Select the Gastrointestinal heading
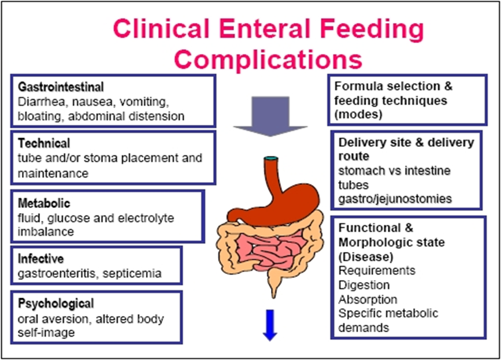pyautogui.click(x=61, y=88)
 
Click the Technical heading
pyautogui.click(x=44, y=143)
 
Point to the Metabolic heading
pyautogui.click(x=44, y=203)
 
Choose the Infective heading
pyautogui.click(x=41, y=258)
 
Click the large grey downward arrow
pyautogui.click(x=262, y=114)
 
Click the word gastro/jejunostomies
pyautogui.click(x=395, y=199)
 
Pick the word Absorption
pyautogui.click(x=368, y=299)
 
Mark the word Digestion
pyautogui.click(x=364, y=285)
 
